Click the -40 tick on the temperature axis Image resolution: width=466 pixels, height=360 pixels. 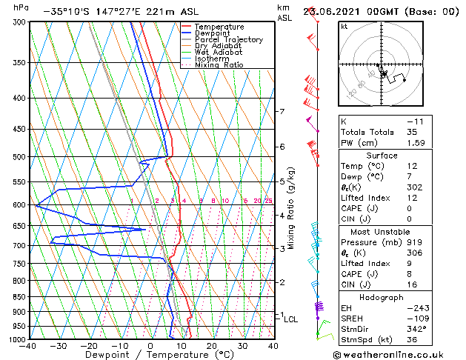click(x=28, y=345)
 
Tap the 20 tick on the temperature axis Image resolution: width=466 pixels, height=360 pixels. click(x=212, y=345)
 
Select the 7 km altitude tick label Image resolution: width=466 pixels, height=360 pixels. click(x=282, y=112)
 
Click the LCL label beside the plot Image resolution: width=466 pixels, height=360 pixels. click(x=291, y=319)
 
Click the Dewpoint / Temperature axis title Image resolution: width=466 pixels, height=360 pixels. click(x=150, y=355)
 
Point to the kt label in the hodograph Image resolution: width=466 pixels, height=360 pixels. click(x=344, y=26)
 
